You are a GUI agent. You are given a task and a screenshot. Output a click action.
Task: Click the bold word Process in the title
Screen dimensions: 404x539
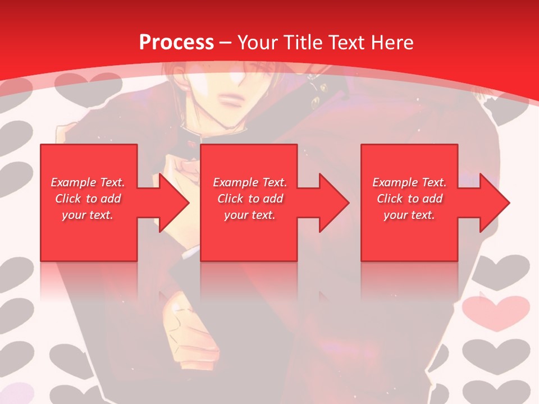click(176, 43)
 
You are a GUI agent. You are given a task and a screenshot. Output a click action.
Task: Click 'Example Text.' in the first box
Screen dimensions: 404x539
click(88, 182)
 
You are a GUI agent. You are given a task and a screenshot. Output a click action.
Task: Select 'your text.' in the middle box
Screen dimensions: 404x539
click(250, 215)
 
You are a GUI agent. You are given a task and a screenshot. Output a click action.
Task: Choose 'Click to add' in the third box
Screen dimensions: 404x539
click(409, 199)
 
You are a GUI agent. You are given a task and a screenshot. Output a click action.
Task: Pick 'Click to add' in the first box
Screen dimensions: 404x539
click(88, 199)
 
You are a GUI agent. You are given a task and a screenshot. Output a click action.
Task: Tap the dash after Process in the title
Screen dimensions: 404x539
click(226, 43)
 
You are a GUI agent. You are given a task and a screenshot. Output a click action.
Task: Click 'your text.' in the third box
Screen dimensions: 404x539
click(409, 215)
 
